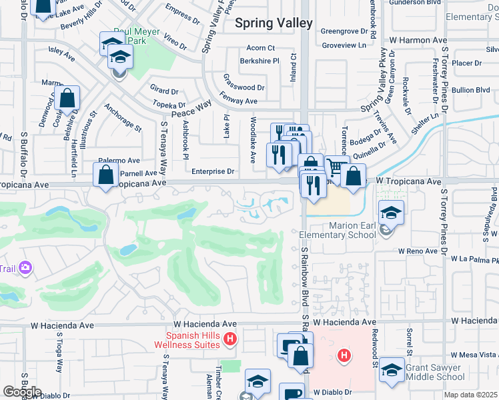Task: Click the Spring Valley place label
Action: (x=274, y=23)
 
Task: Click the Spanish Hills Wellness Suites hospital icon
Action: (x=230, y=339)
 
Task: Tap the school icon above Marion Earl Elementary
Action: (x=392, y=213)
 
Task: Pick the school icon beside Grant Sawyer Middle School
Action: (x=392, y=369)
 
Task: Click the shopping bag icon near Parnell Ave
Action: (x=106, y=176)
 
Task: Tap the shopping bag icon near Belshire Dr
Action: (x=67, y=99)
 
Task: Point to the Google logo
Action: (x=22, y=392)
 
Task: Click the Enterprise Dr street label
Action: (x=213, y=171)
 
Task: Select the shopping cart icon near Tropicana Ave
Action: (x=337, y=167)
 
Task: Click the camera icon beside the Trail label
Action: (x=25, y=268)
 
